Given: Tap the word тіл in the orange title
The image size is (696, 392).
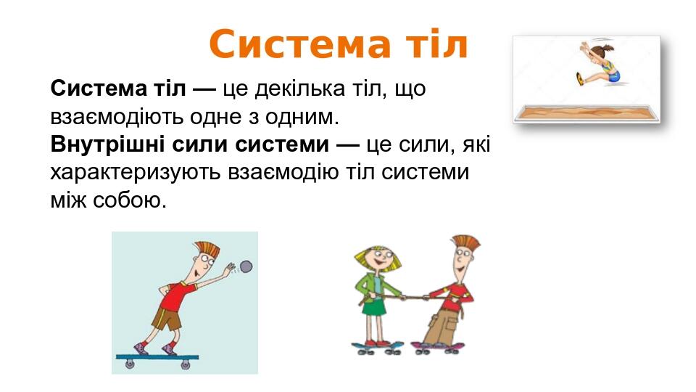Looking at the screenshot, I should click(x=432, y=45).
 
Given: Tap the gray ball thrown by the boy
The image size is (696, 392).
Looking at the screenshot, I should click(x=245, y=266).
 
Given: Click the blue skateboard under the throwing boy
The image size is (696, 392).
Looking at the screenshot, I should click(x=157, y=356).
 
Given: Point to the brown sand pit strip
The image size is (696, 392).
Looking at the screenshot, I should click(x=587, y=110).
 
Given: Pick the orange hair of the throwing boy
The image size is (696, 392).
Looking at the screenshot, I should click(x=207, y=249).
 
